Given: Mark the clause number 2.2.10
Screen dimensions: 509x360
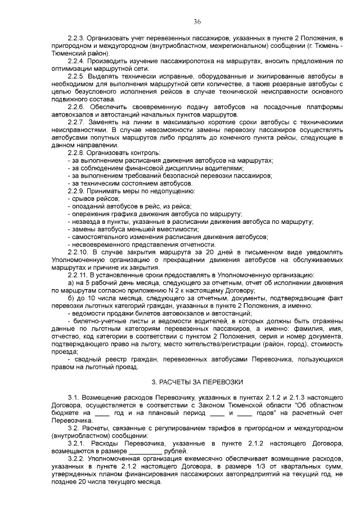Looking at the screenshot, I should (78, 252).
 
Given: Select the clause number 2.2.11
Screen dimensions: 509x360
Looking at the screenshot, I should (78, 275).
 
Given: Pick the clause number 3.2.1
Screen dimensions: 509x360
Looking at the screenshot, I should (76, 443).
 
